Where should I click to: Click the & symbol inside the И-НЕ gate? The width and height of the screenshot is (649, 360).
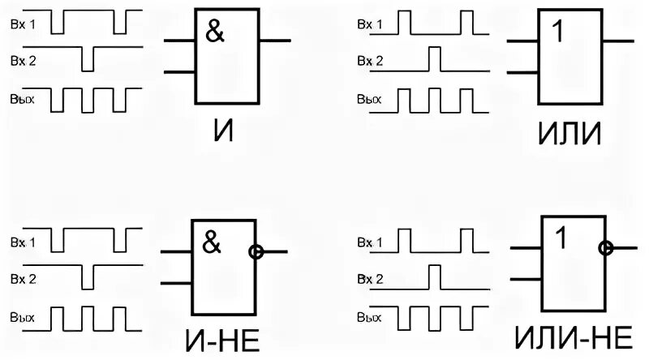tap(212, 242)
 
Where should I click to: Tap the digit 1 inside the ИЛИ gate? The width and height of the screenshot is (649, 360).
tap(557, 33)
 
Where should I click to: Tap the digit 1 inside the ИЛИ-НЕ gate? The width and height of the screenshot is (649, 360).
tap(561, 238)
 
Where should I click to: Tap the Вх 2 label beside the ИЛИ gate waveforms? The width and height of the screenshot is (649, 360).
tap(370, 61)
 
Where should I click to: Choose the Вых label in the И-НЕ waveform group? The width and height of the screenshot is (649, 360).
tap(22, 318)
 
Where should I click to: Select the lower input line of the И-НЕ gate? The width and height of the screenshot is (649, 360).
tap(176, 283)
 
